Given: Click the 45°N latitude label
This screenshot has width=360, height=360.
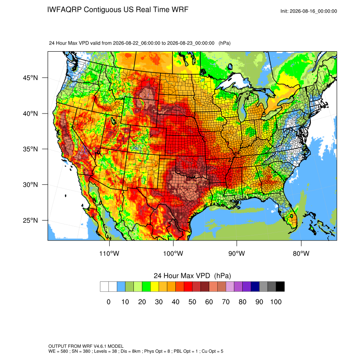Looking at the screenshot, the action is pos(30,78).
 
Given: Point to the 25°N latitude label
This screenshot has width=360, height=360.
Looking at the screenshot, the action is pos(30,220).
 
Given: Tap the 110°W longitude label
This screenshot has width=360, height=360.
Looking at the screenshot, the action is pos(109,253).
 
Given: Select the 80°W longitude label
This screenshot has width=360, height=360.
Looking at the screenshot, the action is pos(301,253).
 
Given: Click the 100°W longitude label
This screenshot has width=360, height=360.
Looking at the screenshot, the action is pos(173,253).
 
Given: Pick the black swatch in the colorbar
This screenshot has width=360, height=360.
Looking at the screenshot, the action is pos(280,287).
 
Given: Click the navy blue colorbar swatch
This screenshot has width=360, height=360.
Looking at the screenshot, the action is pos(255,287).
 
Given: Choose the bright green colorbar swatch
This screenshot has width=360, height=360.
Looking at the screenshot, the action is pos(146,287).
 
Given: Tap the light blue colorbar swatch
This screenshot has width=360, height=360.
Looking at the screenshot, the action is pos(121,287).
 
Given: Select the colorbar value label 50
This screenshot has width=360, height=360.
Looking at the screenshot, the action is pos(192,302).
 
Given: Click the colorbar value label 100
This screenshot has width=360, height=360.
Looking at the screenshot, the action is pos(276,302).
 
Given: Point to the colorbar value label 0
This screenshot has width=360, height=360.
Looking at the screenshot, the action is pos(108,302).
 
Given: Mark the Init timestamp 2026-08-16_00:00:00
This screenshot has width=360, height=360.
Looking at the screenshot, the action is pos(313,11).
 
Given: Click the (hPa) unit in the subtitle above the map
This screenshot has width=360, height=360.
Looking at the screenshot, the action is pos(224,43).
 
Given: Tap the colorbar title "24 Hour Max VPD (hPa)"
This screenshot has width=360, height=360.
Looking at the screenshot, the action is pos(192,276).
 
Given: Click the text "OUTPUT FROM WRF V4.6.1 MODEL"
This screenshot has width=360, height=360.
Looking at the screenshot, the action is pos(86,346).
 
